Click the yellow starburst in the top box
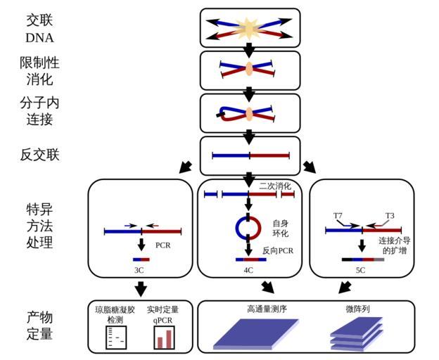pos(250,28)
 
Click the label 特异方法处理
pos(39,226)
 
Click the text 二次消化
pos(275,186)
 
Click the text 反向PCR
pos(278,250)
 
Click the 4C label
pos(249,269)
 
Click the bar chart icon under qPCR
pos(163,338)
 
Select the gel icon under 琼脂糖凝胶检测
pos(115,338)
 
